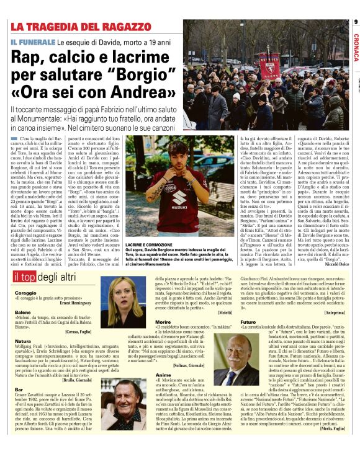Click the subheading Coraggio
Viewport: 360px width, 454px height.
24,292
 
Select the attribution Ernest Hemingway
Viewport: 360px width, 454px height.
77,305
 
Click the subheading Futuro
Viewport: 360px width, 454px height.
248,323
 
